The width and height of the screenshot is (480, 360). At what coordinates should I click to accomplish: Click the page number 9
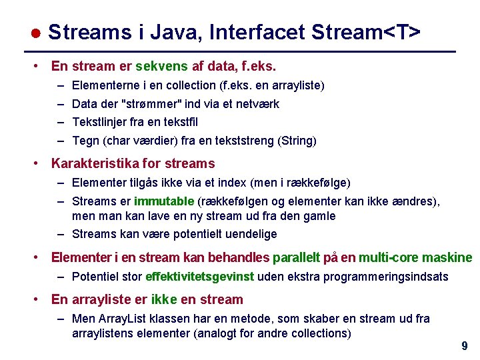464,346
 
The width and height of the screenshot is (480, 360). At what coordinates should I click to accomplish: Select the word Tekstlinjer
101,122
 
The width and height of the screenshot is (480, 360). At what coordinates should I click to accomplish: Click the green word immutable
164,201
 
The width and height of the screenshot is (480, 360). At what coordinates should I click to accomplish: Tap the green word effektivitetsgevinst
200,276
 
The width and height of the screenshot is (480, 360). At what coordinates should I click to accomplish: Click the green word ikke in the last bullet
164,299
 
